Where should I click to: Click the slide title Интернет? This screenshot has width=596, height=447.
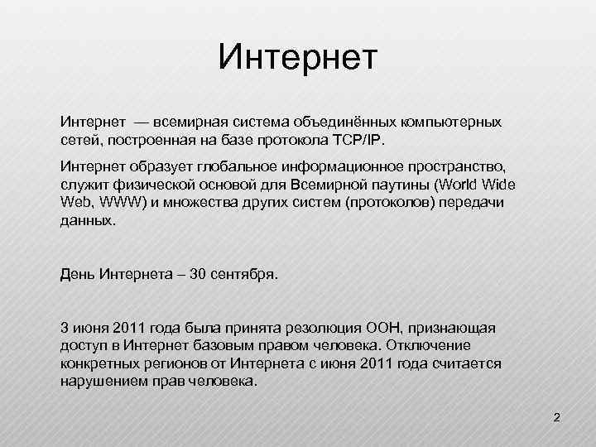tap(298, 58)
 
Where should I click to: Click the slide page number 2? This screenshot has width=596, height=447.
tap(556, 417)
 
